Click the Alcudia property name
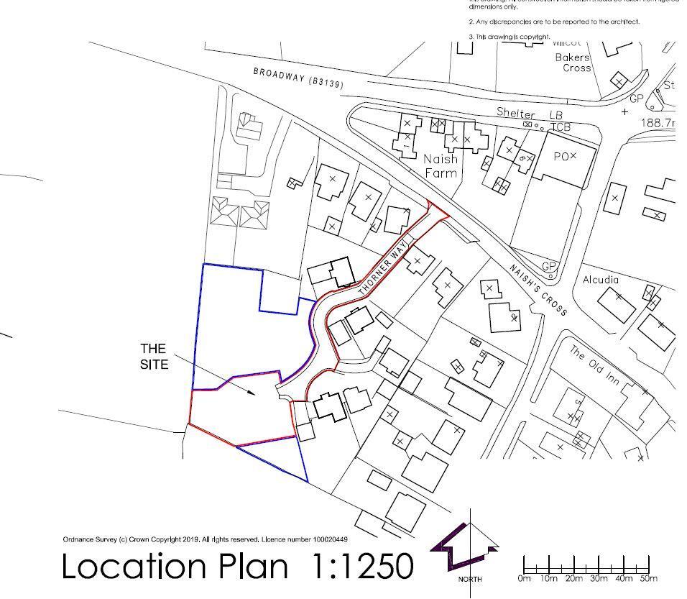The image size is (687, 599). (x=601, y=280)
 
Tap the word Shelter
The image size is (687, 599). (x=515, y=114)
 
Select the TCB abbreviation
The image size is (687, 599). (x=561, y=127)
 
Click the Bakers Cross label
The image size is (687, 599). (x=572, y=63)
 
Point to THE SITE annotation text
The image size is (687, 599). (x=154, y=357)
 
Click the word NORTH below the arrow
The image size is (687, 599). (x=470, y=579)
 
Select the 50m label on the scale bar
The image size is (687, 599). (x=649, y=579)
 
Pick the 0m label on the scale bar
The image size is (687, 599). (x=524, y=579)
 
